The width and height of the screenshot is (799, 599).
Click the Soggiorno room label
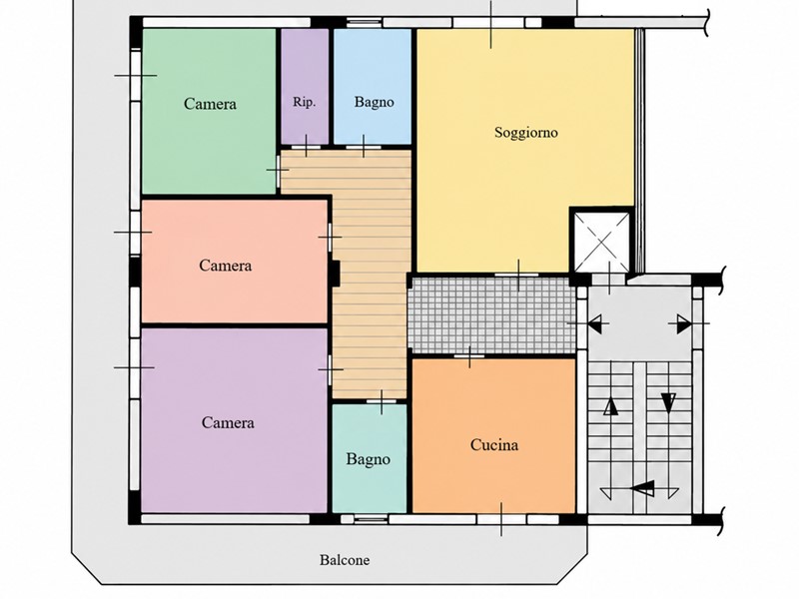point(526,133)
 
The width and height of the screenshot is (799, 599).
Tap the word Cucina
point(494,445)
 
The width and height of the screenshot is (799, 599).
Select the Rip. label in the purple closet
point(305,102)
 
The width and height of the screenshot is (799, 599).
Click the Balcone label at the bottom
point(345,560)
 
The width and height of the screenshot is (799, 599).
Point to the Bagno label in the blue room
point(374,103)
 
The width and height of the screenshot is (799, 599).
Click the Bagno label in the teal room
point(368,459)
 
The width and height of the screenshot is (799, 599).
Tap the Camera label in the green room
point(210,104)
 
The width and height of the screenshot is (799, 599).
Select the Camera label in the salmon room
point(226,266)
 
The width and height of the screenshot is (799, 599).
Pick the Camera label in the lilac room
point(228,422)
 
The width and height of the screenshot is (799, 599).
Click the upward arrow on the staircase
point(611,406)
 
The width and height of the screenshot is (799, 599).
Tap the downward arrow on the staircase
point(668,402)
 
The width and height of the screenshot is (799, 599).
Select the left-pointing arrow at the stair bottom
point(643,488)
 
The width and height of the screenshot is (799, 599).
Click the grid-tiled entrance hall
point(493,314)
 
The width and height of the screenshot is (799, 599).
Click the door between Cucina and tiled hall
point(469,356)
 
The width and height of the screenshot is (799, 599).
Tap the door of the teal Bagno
point(382,401)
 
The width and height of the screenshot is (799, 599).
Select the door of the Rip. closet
point(306,147)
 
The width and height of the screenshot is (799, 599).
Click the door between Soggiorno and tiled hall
point(518,276)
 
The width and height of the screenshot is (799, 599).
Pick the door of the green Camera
point(279,170)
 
